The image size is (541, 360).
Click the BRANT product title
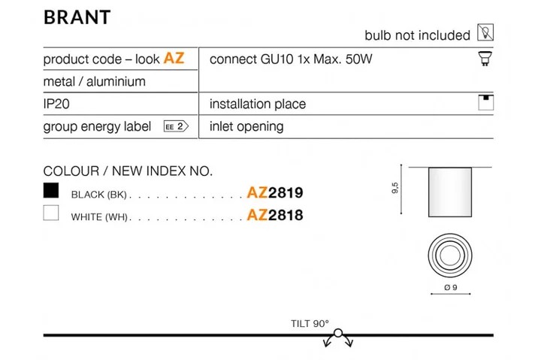[77, 17]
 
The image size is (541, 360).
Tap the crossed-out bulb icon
[485, 32]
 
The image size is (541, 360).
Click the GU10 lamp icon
[485, 59]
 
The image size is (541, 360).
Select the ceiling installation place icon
[486, 102]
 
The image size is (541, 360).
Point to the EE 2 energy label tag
[176, 126]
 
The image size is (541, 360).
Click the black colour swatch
[51, 190]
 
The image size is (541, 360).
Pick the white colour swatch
[51, 213]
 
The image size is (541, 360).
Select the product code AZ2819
[275, 192]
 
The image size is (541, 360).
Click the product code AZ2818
[275, 215]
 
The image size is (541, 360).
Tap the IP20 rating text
[56, 104]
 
